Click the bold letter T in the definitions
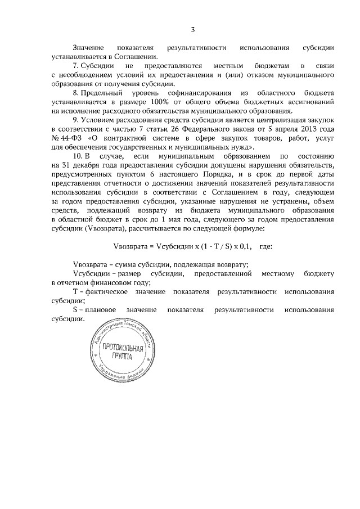click(75, 292)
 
